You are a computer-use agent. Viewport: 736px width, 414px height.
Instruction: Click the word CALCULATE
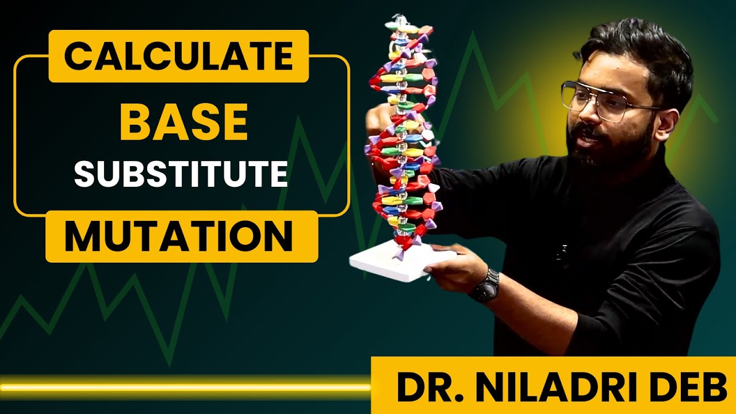coord(178,56)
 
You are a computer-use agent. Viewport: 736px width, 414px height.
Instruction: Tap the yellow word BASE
coord(183,122)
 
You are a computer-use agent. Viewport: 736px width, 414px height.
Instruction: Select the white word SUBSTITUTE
coord(181,174)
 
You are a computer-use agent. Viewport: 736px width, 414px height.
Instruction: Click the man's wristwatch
coord(484,286)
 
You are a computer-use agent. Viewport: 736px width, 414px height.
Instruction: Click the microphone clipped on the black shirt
coord(563,251)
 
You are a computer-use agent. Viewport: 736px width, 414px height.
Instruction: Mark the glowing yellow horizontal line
coord(184,388)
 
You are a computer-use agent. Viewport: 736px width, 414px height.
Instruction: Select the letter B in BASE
coord(136,122)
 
